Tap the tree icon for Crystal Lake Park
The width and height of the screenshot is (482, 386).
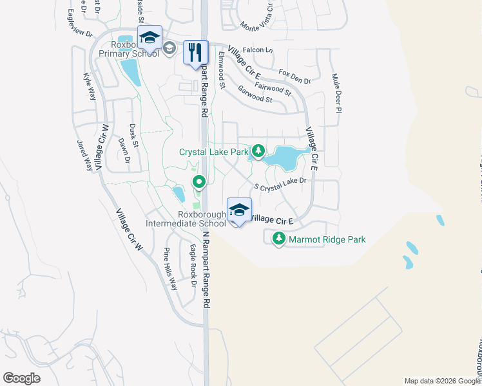(258, 151)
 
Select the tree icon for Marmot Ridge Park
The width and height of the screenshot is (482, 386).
(279, 239)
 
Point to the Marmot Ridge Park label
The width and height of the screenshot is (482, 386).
(327, 239)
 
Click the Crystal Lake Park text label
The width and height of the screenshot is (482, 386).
(213, 152)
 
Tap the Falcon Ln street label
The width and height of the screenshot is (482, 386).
(260, 50)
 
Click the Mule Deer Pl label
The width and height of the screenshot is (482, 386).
(336, 93)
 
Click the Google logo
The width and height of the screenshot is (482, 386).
(21, 378)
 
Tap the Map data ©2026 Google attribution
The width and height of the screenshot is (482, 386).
(441, 381)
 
